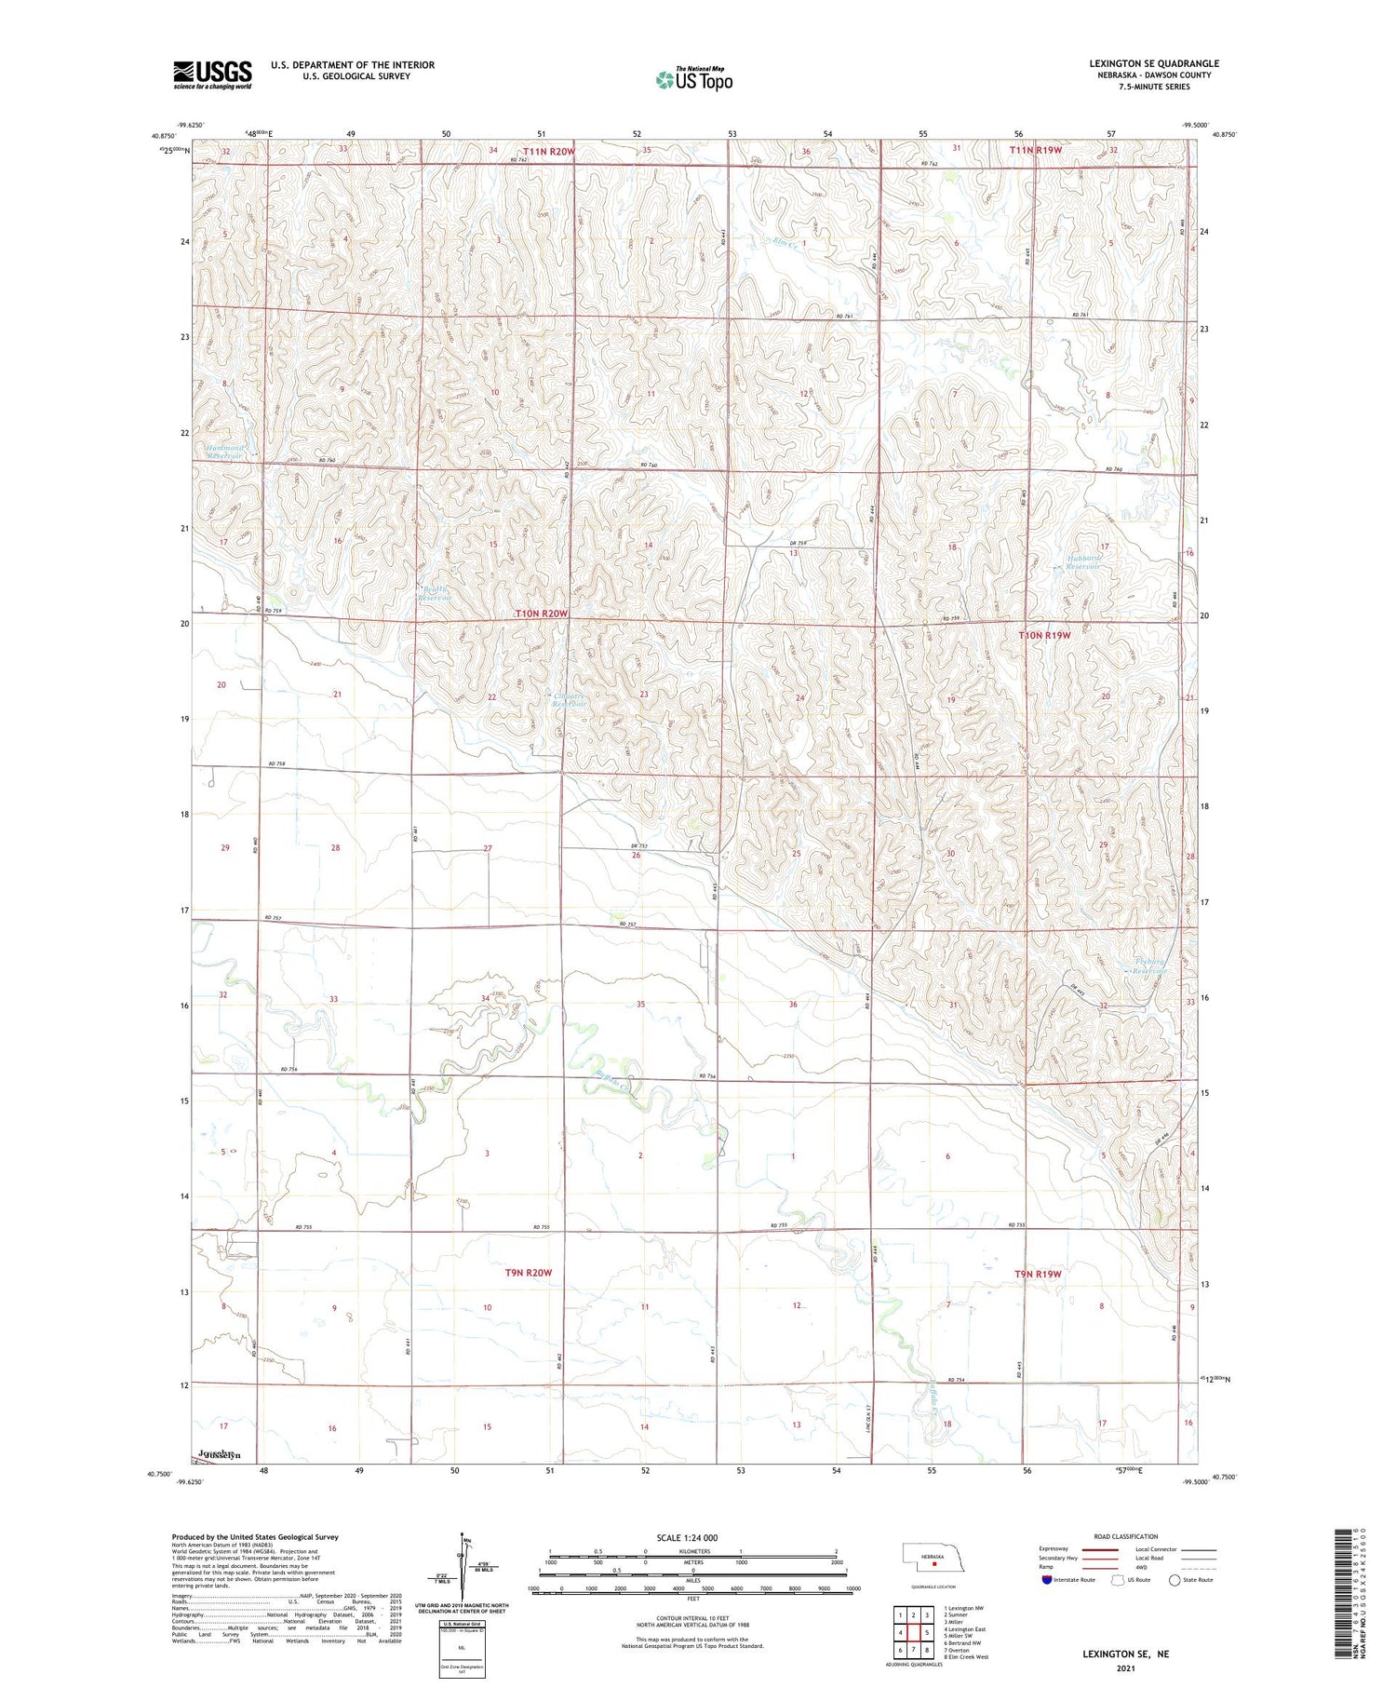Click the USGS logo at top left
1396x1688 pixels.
pos(212,74)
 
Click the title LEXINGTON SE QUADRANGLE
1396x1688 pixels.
pos(1154,63)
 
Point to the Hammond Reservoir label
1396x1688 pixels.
pos(224,452)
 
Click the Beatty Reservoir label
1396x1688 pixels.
pos(434,594)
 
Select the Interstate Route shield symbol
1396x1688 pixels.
pos(1047,1579)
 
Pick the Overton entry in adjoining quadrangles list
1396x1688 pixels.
pos(960,1650)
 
